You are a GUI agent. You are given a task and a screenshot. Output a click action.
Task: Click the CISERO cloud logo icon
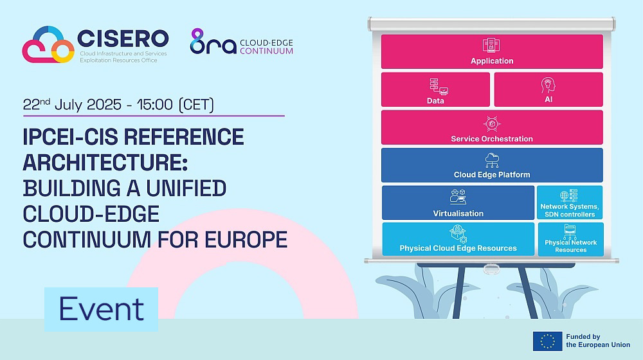[x=48, y=44]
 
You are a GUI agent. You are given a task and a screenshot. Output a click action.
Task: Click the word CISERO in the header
[x=123, y=39]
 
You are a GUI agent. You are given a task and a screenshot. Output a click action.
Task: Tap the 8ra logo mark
[x=213, y=41]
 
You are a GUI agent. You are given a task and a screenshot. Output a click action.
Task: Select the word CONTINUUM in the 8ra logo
[x=267, y=51]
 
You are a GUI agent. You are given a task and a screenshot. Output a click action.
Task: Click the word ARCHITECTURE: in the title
[x=105, y=163]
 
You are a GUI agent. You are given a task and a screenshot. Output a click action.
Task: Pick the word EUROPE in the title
[x=246, y=240]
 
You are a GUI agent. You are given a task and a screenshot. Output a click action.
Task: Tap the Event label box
[x=102, y=309]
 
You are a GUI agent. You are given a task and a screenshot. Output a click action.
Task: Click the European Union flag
[x=547, y=341]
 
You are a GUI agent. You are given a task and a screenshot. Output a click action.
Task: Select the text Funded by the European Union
[x=598, y=341]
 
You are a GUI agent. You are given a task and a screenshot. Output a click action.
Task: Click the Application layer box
[x=492, y=51]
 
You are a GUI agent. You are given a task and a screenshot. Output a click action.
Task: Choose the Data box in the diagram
[x=435, y=89]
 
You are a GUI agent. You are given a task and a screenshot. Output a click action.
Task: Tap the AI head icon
[x=548, y=85]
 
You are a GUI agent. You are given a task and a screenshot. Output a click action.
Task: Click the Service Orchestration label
[x=492, y=139]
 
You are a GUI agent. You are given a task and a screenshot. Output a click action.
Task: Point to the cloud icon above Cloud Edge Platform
[x=492, y=160]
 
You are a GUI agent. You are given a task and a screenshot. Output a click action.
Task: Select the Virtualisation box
[x=458, y=203]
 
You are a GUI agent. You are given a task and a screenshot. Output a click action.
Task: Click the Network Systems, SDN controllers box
[x=570, y=203]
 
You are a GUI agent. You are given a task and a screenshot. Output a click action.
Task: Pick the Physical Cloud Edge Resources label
[x=458, y=249]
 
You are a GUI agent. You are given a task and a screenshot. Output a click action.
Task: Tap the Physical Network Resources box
[x=570, y=239]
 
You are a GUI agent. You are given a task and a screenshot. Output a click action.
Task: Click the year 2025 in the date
[x=104, y=105]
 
